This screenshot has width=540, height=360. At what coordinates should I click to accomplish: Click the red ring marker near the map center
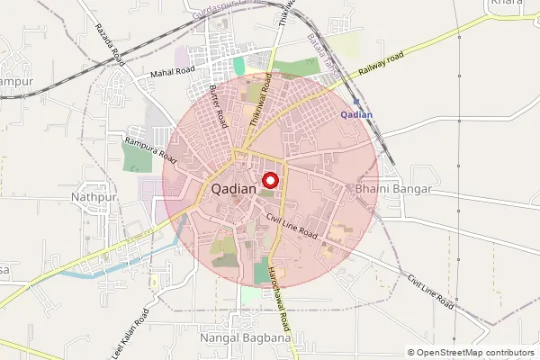(x=270, y=180)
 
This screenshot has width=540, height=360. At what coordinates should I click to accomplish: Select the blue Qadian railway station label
(x=357, y=115)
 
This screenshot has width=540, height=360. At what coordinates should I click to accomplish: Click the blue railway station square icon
(x=356, y=102)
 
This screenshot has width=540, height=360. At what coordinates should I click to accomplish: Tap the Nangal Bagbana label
(x=240, y=337)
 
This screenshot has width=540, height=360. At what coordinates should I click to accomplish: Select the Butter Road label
(x=217, y=104)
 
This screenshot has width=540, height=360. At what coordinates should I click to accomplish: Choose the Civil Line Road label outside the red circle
(x=430, y=292)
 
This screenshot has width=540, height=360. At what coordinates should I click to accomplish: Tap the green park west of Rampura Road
(x=137, y=157)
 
